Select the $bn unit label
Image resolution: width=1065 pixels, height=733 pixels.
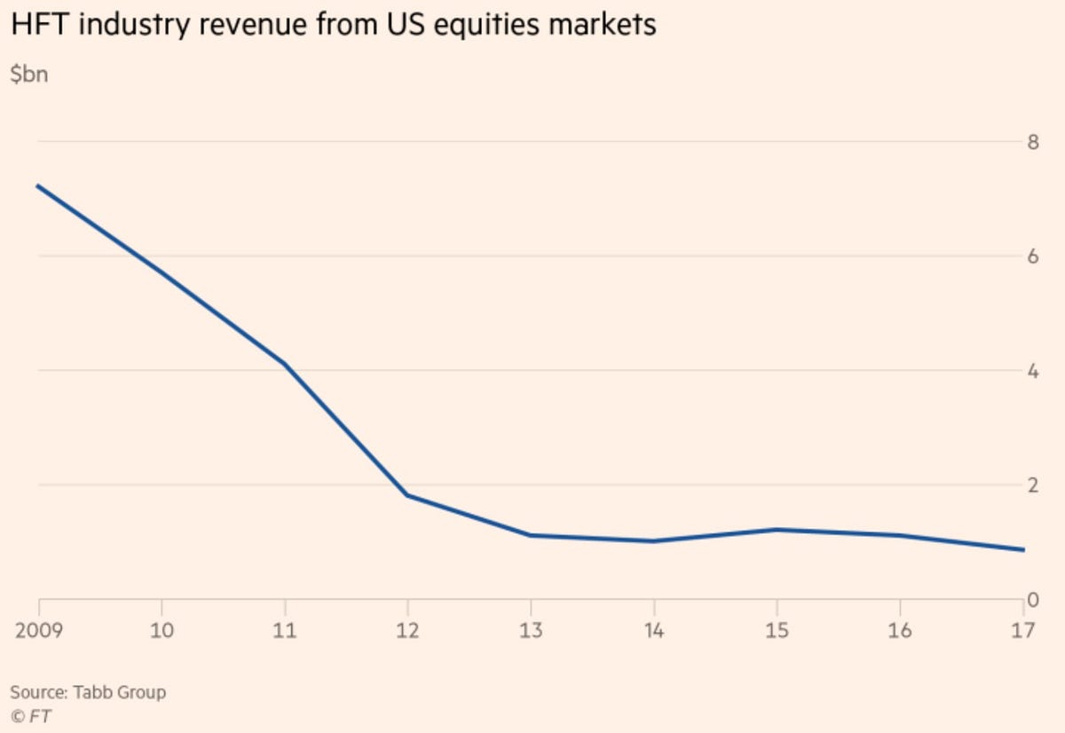(28, 75)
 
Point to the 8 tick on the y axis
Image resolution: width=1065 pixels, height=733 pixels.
(1032, 142)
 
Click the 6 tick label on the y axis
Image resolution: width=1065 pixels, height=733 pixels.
(1032, 256)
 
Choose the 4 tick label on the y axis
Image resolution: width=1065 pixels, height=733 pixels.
(1032, 371)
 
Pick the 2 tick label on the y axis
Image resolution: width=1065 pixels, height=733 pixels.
(1032, 485)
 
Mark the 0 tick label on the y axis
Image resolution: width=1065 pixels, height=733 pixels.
(1032, 600)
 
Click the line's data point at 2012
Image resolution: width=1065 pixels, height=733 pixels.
(407, 495)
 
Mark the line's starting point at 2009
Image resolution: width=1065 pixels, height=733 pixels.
(38, 185)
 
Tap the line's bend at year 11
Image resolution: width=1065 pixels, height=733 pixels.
(285, 364)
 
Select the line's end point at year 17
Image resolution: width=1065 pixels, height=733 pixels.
(1023, 550)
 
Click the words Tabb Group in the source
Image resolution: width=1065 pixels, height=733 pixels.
(117, 691)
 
